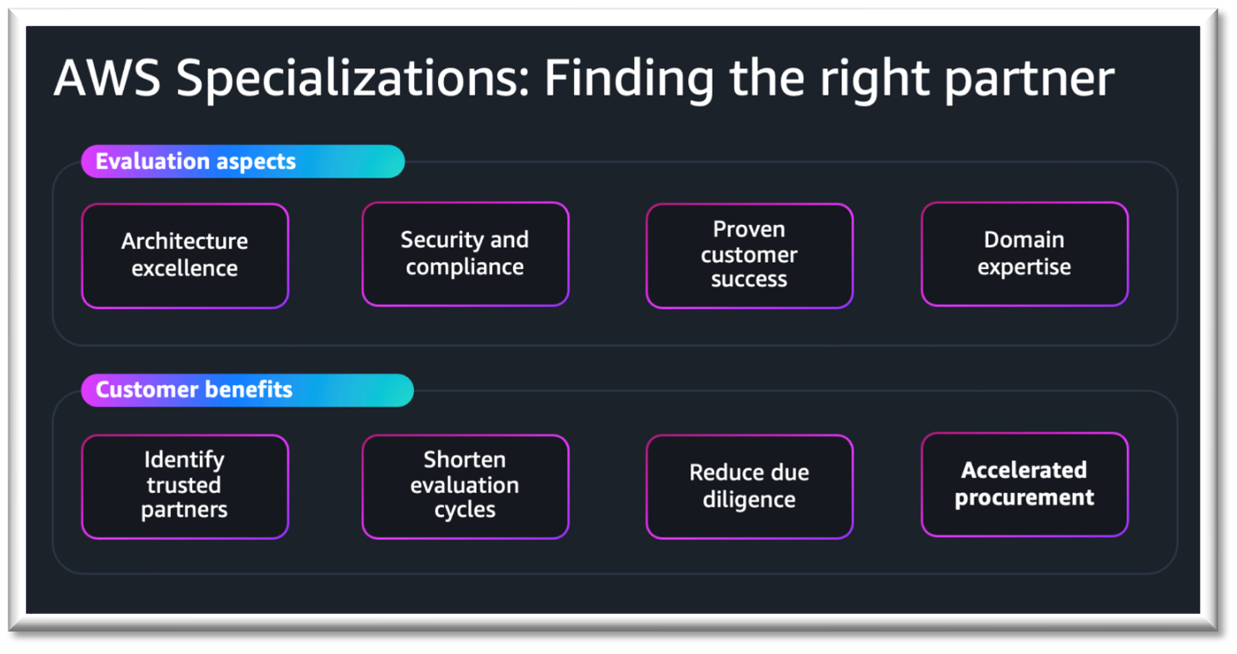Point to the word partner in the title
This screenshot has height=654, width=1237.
[1030, 82]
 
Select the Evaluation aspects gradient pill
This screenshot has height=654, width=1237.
[243, 162]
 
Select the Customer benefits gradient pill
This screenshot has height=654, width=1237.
[247, 390]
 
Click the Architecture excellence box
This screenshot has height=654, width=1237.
[185, 256]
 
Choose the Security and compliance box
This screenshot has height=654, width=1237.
[465, 253]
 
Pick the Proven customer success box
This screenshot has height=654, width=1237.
[750, 256]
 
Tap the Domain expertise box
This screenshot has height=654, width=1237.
[1025, 253]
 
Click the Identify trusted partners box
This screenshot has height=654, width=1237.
[185, 487]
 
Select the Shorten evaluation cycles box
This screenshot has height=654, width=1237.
[465, 487]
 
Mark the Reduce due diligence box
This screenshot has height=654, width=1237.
[750, 487]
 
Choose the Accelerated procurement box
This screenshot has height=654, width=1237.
[1025, 484]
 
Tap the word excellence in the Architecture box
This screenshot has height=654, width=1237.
[184, 268]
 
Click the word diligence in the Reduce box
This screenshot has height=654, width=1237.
[750, 500]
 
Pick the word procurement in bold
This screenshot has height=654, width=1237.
[1025, 498]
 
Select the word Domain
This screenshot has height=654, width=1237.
[1024, 240]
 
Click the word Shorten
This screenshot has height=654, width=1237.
[465, 460]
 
